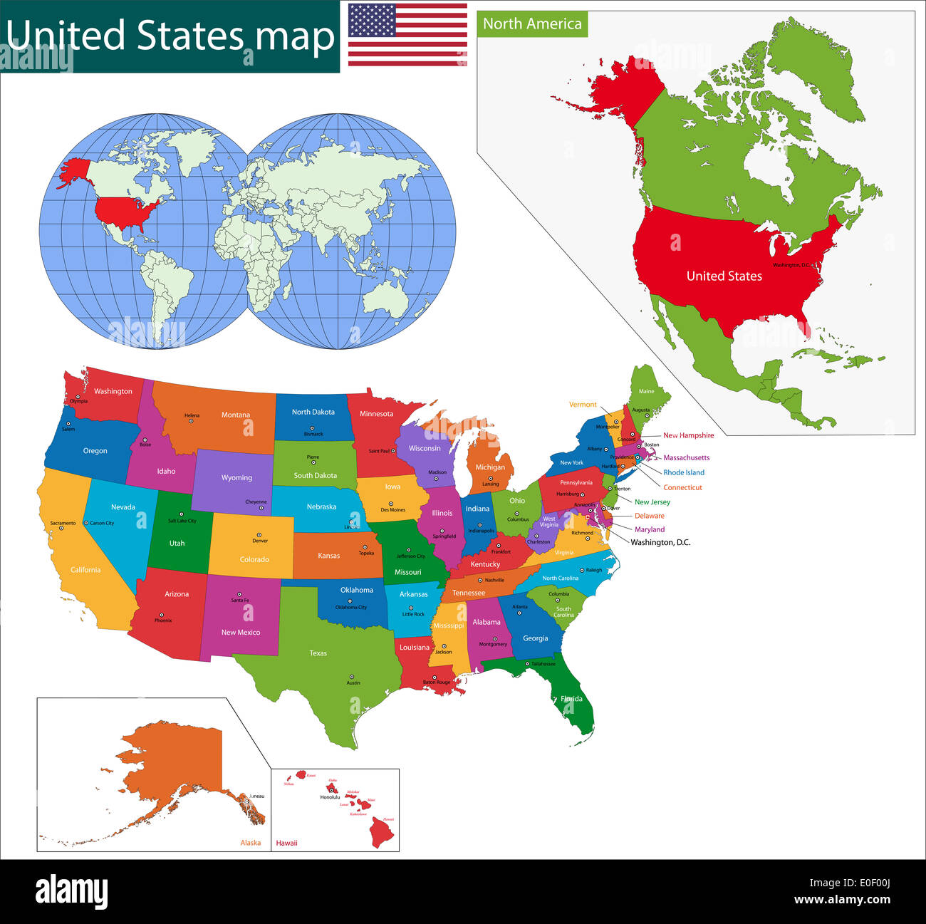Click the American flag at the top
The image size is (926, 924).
[x=407, y=34]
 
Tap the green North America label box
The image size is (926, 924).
[x=532, y=24]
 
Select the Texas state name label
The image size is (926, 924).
[x=318, y=653]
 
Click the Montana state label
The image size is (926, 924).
[x=235, y=415]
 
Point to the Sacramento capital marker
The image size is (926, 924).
[x=61, y=528]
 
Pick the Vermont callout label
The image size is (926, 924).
[x=583, y=405]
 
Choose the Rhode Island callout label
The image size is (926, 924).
[x=684, y=472]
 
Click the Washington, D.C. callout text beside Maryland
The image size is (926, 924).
[x=660, y=542]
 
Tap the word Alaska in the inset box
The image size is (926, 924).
[x=251, y=843]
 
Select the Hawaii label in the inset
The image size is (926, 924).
[x=286, y=843]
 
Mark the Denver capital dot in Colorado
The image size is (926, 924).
[x=259, y=534]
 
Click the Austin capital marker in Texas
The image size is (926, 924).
[x=351, y=677]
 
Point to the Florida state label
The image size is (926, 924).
[x=571, y=699]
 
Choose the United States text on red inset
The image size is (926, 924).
[x=724, y=276]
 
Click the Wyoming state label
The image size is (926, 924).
[x=236, y=478]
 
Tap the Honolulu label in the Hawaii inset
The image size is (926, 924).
[x=330, y=797]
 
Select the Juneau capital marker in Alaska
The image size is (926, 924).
[x=246, y=801]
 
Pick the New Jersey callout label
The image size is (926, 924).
[x=652, y=502]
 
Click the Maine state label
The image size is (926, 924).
[x=646, y=391]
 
